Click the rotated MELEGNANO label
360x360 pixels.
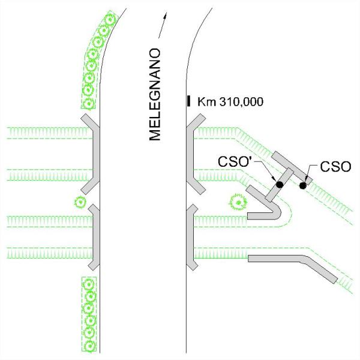point(156,94)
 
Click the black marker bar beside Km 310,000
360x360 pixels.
point(189,101)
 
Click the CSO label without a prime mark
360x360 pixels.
point(335,166)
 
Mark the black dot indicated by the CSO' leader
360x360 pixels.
point(279,184)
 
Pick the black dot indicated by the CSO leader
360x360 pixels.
point(303,185)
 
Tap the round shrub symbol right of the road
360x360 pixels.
point(239,203)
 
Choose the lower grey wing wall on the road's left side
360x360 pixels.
point(94,237)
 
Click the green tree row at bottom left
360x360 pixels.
point(89,313)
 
